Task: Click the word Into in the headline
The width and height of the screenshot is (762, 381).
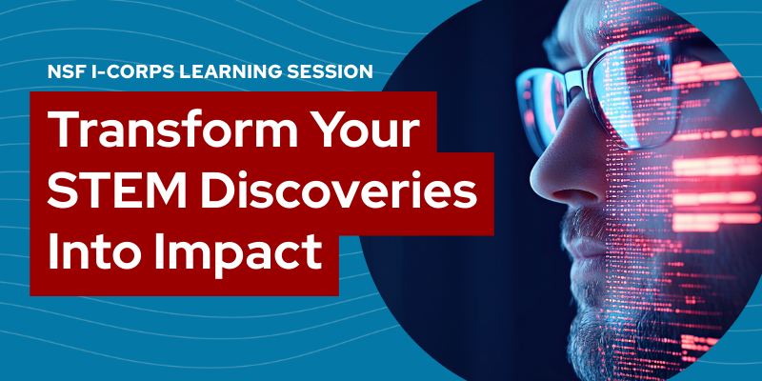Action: click(x=90, y=250)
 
